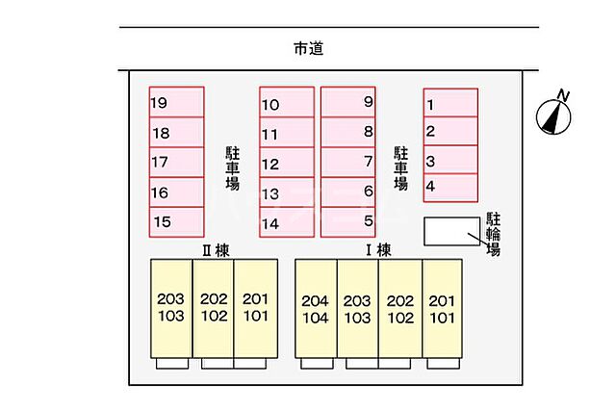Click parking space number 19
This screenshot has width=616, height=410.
tap(176, 103)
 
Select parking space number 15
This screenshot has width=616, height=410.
tap(176, 222)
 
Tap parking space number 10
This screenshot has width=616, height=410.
tap(287, 104)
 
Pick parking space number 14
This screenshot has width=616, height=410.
tap(287, 222)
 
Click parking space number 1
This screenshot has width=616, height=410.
tap(450, 104)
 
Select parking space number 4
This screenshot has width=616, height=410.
tap(450, 186)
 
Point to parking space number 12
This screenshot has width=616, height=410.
tap(287, 164)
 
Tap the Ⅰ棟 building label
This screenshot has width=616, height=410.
tap(376, 250)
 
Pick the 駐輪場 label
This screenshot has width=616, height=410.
tap(493, 234)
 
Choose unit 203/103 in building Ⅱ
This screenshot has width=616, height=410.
tap(171, 308)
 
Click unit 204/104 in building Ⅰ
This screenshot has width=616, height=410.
tap(316, 308)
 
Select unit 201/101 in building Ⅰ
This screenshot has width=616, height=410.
tap(441, 308)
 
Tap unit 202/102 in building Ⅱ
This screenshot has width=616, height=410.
tap(214, 308)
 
